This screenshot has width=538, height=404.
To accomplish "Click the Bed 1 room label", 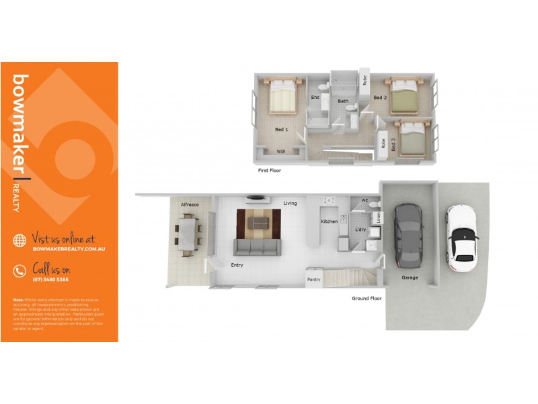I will pos(281,129).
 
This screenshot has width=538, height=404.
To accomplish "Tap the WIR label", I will pos(281,151).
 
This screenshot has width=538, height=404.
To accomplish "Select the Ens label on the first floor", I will pos(315,98).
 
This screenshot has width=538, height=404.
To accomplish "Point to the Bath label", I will pos(343,102).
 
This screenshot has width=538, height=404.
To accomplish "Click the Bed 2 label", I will pos(380,98).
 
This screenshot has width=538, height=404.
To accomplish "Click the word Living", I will pos(290,203).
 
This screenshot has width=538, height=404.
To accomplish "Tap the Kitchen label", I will pos(329,222).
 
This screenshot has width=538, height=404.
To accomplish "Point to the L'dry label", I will pos(360,231).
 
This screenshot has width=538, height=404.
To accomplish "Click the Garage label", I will pos(410,277).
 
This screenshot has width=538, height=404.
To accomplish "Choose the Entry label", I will pos(237,265).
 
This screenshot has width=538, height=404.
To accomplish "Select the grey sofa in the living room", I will pos(256,247).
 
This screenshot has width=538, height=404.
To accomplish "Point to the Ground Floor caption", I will pos(367,298).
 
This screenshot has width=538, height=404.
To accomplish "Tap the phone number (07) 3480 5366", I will pos(50,279).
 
